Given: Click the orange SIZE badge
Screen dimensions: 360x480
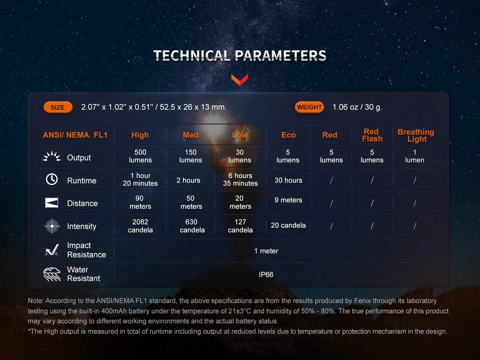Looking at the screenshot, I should click(58, 107).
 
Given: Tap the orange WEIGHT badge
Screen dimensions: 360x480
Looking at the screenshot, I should click(309, 107).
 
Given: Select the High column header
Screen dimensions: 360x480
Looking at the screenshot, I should click(140, 135).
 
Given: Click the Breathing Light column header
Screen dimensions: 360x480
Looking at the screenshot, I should click(416, 135).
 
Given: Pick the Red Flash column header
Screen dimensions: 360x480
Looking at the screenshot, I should click(372, 135).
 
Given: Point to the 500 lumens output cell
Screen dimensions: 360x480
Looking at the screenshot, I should click(140, 156).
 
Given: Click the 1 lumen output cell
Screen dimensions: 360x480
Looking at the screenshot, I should click(414, 156).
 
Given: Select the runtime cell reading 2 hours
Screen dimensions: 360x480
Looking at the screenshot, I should click(188, 180).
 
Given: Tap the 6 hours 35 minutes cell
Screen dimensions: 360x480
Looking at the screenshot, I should click(240, 179).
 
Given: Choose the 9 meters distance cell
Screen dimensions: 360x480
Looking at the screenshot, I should click(288, 200).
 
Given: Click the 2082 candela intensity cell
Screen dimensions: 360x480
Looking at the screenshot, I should click(140, 226).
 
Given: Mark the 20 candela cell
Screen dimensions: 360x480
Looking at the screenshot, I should click(288, 225).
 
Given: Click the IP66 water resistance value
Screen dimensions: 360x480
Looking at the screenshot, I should click(266, 275).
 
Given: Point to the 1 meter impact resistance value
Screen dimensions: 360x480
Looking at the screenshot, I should click(266, 251).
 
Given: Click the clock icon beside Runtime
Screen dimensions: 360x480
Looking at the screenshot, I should click(52, 179).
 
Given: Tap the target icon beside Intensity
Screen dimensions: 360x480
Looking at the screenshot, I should click(52, 226).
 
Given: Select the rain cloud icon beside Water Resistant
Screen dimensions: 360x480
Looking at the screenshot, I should click(52, 274).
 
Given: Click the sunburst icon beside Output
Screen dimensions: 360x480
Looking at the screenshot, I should click(52, 156).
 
